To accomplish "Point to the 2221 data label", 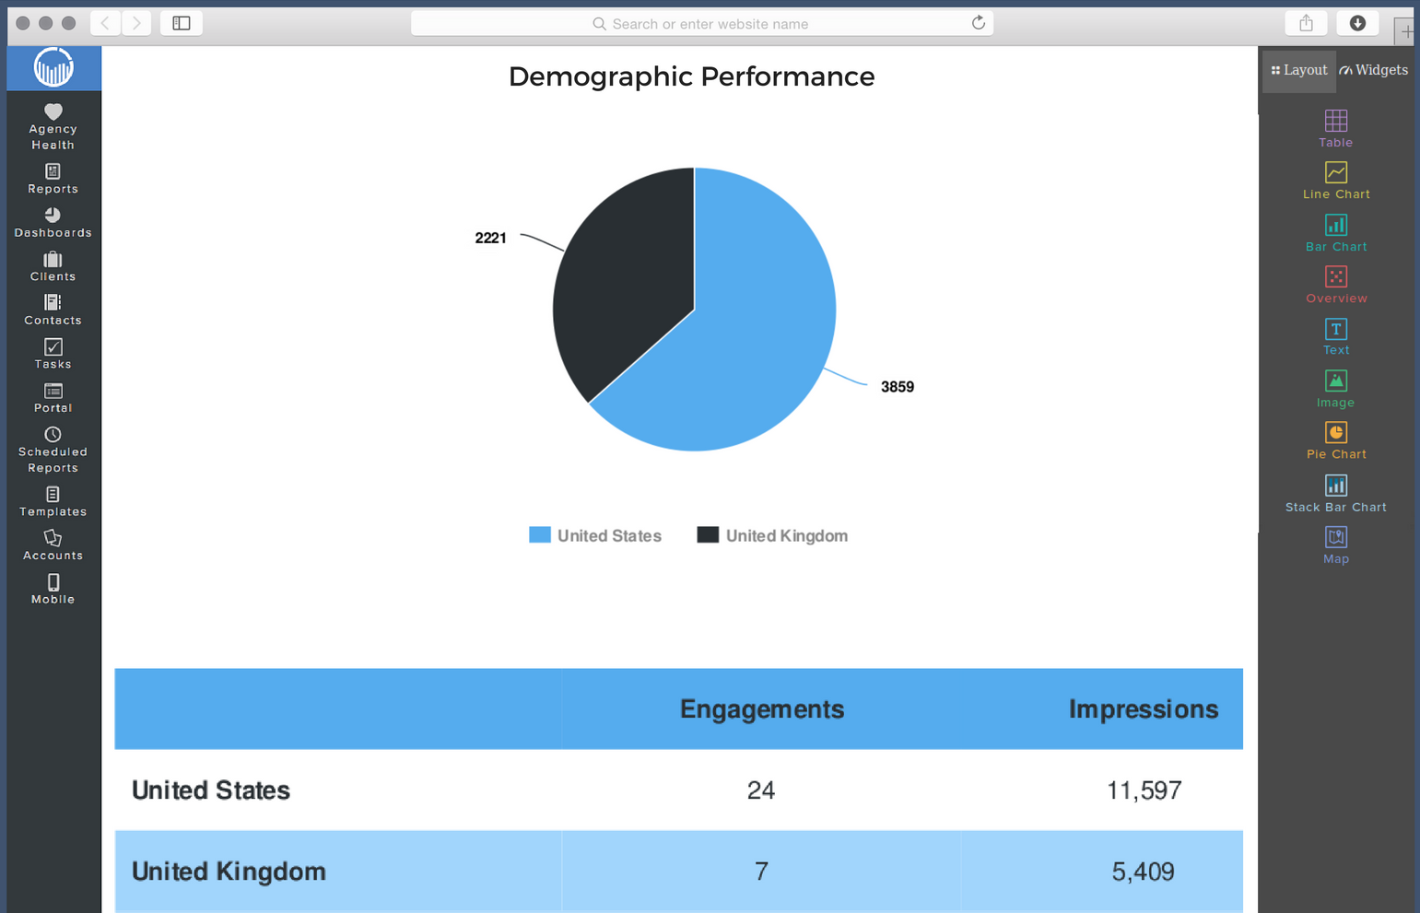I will point(490,238).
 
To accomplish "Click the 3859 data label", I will point(897,387).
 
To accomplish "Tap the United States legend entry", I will point(595,535).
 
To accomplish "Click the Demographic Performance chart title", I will point(691,76).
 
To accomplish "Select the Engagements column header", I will point(761,708).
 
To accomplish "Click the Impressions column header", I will point(1143,708).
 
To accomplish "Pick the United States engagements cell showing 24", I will point(761,790).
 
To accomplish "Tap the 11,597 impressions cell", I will point(1144,790).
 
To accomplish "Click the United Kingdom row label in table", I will point(229,871).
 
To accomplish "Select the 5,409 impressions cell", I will point(1143,871).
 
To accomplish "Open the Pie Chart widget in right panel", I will point(1335,439).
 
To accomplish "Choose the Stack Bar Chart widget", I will point(1335,492).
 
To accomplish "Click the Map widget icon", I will point(1335,537).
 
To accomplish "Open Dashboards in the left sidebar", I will point(53,222).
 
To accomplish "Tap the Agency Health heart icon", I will point(53,111).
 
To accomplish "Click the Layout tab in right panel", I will point(1299,70).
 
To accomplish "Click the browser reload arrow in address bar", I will point(979,23).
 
